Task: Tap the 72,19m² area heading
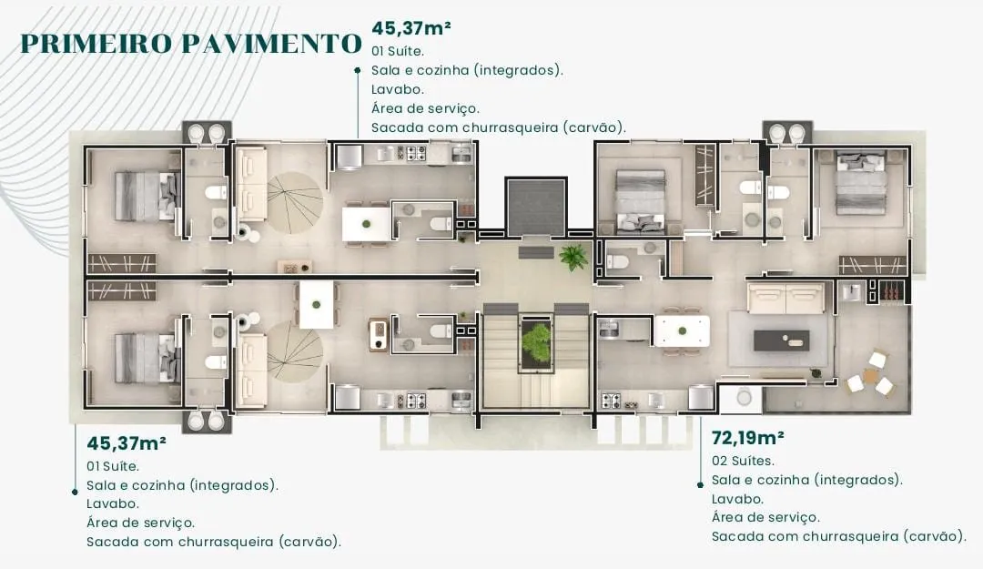(747, 437)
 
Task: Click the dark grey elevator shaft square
(536, 208)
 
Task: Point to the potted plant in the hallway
(573, 257)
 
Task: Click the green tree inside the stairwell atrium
(536, 343)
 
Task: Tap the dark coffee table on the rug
(780, 340)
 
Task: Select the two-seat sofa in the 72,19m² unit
(785, 298)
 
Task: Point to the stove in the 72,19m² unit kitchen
(611, 400)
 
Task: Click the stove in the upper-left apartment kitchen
(415, 154)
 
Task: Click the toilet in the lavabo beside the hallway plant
(618, 262)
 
